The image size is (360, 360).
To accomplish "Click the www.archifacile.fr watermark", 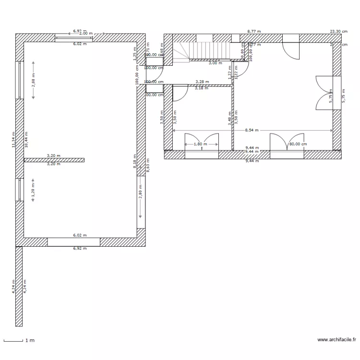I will pyautogui.click(x=336, y=340).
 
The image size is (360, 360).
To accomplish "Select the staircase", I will pyautogui.click(x=202, y=50).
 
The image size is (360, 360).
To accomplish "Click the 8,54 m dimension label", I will pyautogui.click(x=251, y=130).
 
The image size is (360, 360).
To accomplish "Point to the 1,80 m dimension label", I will pyautogui.click(x=200, y=144).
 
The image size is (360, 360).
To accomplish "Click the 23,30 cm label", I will pyautogui.click(x=338, y=31).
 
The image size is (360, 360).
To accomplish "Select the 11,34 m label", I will pyautogui.click(x=13, y=140).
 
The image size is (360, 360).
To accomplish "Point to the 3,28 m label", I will pyautogui.click(x=202, y=82).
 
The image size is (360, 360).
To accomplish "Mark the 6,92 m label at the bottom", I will pyautogui.click(x=80, y=249).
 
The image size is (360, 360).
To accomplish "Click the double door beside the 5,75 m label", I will pyautogui.click(x=325, y=92).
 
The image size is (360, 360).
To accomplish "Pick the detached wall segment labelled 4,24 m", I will pyautogui.click(x=19, y=287).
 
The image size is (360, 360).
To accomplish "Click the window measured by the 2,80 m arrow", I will pyautogui.click(x=141, y=202).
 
